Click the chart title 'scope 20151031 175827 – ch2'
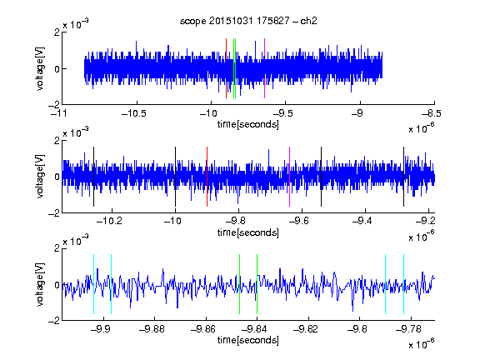click(248, 21)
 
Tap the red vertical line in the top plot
click(226, 68)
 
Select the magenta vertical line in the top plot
click(264, 68)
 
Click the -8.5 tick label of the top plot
click(432, 113)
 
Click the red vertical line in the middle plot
click(207, 177)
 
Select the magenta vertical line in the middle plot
click(290, 177)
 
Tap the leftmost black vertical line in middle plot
click(93, 177)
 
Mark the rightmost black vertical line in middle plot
click(403, 177)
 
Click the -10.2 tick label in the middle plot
click(109, 221)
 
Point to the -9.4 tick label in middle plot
click(362, 221)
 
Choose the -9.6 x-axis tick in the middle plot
click(299, 221)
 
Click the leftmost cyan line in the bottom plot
click(93, 284)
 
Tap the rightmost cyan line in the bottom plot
click(404, 284)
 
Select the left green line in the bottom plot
click(239, 284)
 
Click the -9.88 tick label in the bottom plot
click(152, 329)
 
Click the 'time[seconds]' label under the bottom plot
click(248, 340)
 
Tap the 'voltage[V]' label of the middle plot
click(40, 177)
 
